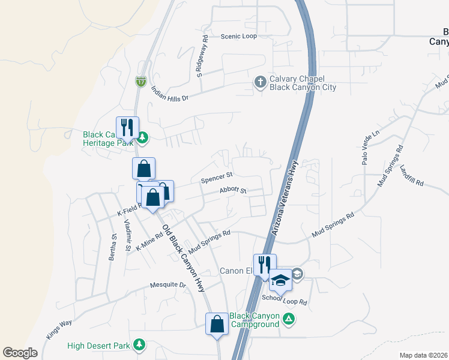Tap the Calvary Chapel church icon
(260, 81)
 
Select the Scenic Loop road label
(238, 37)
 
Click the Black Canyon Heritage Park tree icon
(142, 139)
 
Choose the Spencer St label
(217, 178)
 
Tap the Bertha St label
(112, 245)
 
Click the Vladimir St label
(127, 235)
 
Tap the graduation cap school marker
(280, 279)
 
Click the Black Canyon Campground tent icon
(289, 319)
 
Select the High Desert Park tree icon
(140, 345)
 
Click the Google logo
(20, 353)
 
